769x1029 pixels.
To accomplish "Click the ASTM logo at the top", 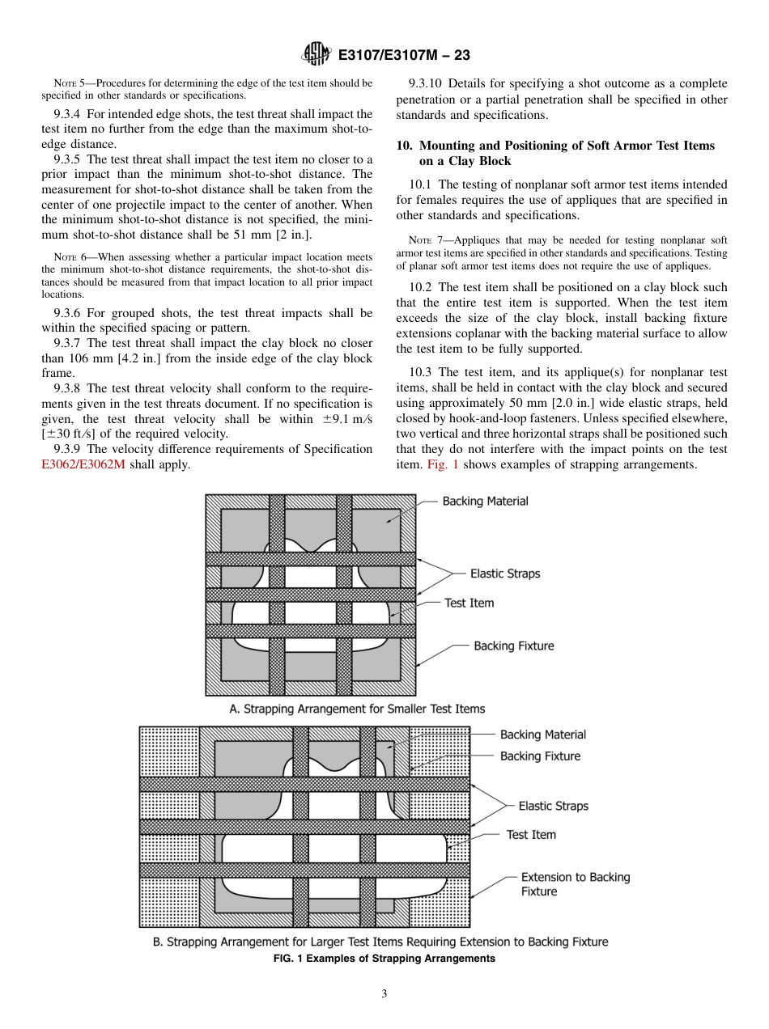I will tap(315, 54).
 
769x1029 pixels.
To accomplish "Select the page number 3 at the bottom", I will tap(384, 993).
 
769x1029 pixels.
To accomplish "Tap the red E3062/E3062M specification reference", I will tap(83, 464).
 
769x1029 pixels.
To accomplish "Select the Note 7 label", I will tap(419, 240).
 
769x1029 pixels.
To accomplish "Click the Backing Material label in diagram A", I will tap(485, 502).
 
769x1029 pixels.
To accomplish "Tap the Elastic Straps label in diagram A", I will tap(504, 574).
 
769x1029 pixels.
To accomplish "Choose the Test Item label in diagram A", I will tap(469, 603).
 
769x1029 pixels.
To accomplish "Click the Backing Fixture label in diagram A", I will tap(513, 646).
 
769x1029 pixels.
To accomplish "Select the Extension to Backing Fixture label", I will tap(575, 884).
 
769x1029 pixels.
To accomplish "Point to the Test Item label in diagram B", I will tap(531, 834).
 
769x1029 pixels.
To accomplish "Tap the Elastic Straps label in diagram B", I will tap(553, 806).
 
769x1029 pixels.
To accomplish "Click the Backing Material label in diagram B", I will tap(542, 735).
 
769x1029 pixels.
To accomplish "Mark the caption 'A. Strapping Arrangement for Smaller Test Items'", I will tap(357, 709).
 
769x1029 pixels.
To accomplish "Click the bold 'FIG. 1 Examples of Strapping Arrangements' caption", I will tap(384, 959).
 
